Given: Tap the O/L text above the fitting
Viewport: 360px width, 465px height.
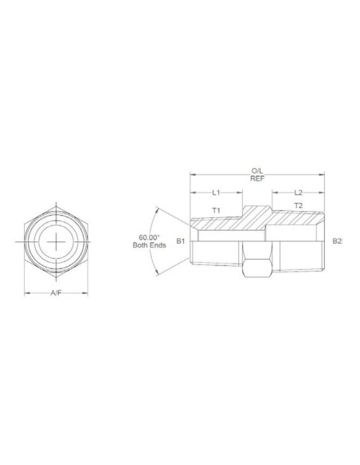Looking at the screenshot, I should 257,170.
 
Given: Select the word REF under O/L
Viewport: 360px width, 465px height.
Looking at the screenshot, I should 257,178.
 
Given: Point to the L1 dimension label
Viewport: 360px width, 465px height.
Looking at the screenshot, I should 215,193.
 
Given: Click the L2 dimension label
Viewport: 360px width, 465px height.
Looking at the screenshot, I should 298,193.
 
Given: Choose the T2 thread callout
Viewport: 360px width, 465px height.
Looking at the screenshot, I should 298,205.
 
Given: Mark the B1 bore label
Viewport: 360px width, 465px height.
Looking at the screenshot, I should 181,240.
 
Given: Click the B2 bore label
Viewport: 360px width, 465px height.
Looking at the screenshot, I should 337,240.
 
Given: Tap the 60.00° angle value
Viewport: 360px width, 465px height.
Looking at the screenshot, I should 149,237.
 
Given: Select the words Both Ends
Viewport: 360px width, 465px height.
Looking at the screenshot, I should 148,245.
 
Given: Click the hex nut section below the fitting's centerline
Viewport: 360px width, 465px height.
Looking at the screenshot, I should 256,268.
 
